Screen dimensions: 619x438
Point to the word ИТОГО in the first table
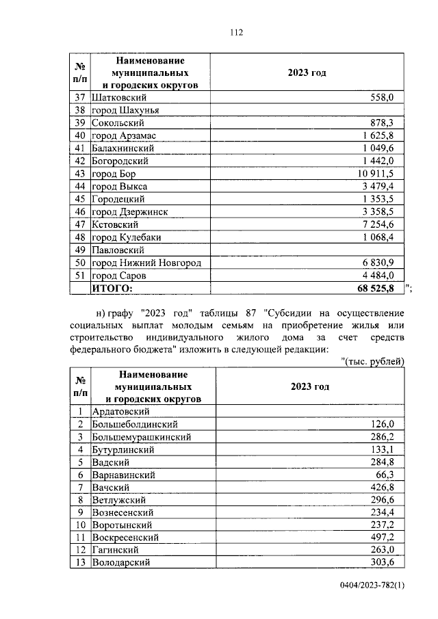113,289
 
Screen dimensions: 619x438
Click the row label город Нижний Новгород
146,263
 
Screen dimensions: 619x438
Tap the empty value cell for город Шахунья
307,110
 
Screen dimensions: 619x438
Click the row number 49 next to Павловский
80,250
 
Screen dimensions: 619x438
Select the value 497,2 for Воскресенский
382,538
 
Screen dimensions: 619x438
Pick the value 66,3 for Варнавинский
385,474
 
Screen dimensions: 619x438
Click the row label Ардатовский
120,411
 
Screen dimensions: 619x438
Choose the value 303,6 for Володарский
382,562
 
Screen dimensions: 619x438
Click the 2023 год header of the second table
309,386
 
